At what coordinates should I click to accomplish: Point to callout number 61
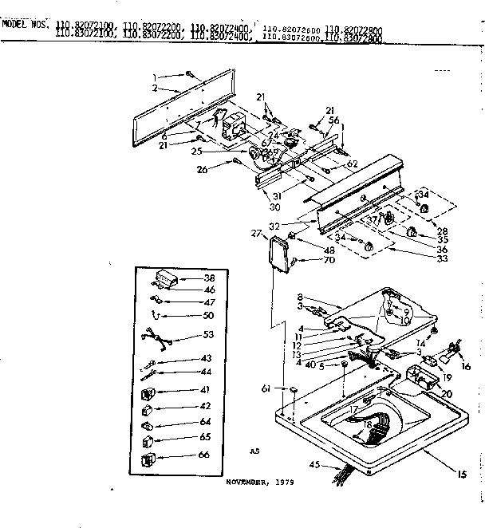tap(266, 389)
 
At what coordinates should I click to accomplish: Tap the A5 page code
tap(254, 451)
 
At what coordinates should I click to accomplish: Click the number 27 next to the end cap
tap(257, 233)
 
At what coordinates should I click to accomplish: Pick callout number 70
tap(307, 260)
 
